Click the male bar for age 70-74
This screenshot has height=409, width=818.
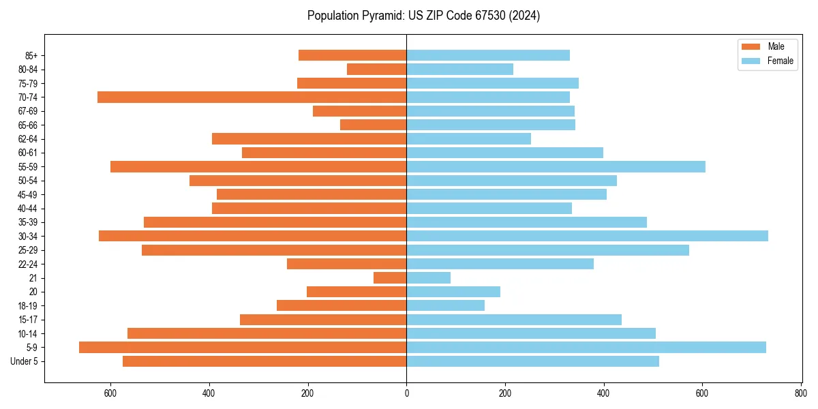pos(252,97)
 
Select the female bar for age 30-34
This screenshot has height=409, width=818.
pos(587,236)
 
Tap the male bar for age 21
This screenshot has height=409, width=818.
pos(390,277)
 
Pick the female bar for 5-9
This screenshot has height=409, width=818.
pos(586,347)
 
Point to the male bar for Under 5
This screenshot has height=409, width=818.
pos(264,361)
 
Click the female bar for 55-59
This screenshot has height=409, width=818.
pos(556,166)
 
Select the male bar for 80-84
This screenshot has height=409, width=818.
pos(377,69)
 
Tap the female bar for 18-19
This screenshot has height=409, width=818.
pos(445,305)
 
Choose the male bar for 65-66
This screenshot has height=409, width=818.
pos(374,125)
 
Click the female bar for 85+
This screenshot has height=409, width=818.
pos(488,55)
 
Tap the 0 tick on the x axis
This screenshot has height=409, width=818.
pos(406,393)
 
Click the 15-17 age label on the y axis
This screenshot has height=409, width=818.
pos(27,320)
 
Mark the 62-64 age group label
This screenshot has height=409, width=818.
pos(27,139)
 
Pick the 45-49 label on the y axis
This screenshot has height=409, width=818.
pos(27,194)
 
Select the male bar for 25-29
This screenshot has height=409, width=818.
pos(274,250)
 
